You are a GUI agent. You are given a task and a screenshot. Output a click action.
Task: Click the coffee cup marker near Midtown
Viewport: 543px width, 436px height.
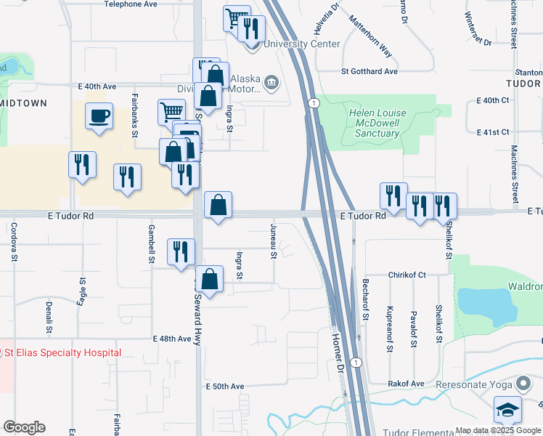(x=99, y=116)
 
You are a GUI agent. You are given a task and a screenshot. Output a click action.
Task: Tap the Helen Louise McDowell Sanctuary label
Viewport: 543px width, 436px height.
(x=377, y=124)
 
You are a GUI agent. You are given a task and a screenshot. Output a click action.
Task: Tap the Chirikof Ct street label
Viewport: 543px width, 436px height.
(x=407, y=275)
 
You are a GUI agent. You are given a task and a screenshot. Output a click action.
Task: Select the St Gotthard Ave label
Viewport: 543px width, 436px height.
(x=370, y=71)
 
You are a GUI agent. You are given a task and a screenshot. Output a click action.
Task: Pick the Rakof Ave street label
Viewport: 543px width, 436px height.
(x=407, y=383)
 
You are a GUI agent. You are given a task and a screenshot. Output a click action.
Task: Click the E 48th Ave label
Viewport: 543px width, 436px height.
(x=172, y=339)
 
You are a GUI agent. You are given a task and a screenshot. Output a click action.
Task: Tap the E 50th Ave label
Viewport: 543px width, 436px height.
(x=225, y=386)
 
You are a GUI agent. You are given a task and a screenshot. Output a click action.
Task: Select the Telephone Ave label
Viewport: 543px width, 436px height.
(x=131, y=4)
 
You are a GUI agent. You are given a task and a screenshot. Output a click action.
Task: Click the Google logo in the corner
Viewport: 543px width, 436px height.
(x=24, y=427)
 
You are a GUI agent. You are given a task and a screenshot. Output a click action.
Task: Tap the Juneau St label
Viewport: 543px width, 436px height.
(x=274, y=242)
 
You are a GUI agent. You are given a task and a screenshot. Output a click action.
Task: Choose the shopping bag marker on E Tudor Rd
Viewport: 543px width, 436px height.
(x=218, y=205)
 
